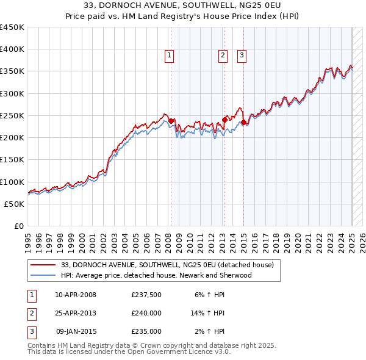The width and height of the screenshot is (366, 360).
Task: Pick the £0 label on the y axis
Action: [18, 226]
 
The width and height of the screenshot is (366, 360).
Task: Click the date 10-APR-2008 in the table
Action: [76, 295]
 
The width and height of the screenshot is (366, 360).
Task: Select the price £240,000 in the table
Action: [146, 313]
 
